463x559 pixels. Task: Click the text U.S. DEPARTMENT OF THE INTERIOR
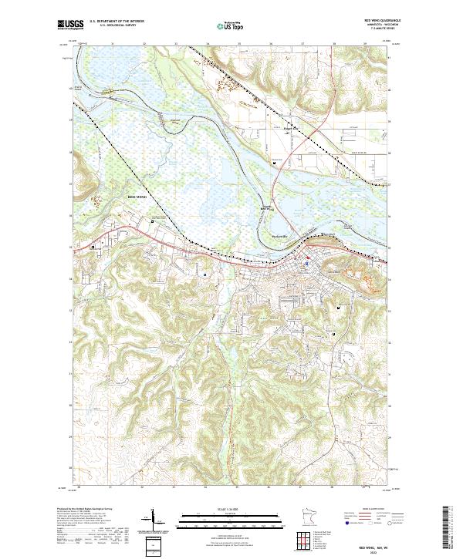pos(116,22)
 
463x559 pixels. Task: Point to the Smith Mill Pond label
pos(264,207)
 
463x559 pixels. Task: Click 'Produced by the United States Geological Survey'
pos(86,510)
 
